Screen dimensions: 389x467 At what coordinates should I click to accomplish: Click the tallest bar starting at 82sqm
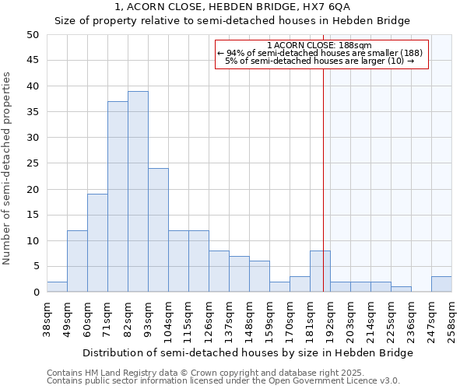138,191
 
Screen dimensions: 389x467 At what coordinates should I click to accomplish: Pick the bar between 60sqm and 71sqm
97,243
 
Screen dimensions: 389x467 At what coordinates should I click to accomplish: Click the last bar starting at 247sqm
441,284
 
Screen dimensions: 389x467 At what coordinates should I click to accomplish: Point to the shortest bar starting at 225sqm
401,289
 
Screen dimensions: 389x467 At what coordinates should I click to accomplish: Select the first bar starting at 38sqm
57,287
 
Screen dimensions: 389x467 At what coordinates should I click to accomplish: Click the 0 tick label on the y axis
35,293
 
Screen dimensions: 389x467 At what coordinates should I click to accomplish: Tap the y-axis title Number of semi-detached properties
8,168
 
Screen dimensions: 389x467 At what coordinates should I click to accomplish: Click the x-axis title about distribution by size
247,352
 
